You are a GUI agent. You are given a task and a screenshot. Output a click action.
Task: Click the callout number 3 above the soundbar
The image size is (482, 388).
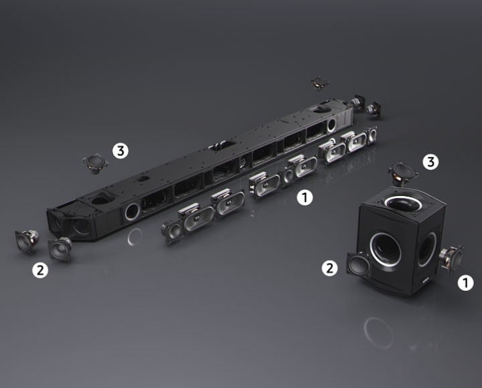pyautogui.click(x=120, y=151)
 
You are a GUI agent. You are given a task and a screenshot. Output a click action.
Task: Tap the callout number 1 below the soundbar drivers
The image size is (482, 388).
pyautogui.click(x=305, y=197)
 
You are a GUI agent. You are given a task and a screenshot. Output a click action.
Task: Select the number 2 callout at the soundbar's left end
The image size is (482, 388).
pyautogui.click(x=40, y=270)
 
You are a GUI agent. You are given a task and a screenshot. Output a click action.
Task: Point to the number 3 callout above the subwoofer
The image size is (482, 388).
pyautogui.click(x=430, y=162)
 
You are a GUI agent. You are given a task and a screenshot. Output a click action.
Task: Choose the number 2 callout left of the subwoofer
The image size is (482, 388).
pyautogui.click(x=329, y=268)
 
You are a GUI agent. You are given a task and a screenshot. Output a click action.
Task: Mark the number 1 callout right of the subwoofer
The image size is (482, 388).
pyautogui.click(x=466, y=282)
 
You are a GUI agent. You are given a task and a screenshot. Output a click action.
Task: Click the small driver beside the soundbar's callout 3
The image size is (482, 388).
pyautogui.click(x=95, y=163)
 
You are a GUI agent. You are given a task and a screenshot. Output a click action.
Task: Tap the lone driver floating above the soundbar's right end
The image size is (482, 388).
pyautogui.click(x=320, y=83)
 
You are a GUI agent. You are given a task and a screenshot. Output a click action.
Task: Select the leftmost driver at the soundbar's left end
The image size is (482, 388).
pyautogui.click(x=27, y=241)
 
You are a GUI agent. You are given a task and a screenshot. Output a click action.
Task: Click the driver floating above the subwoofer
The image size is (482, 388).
pyautogui.click(x=403, y=173)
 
